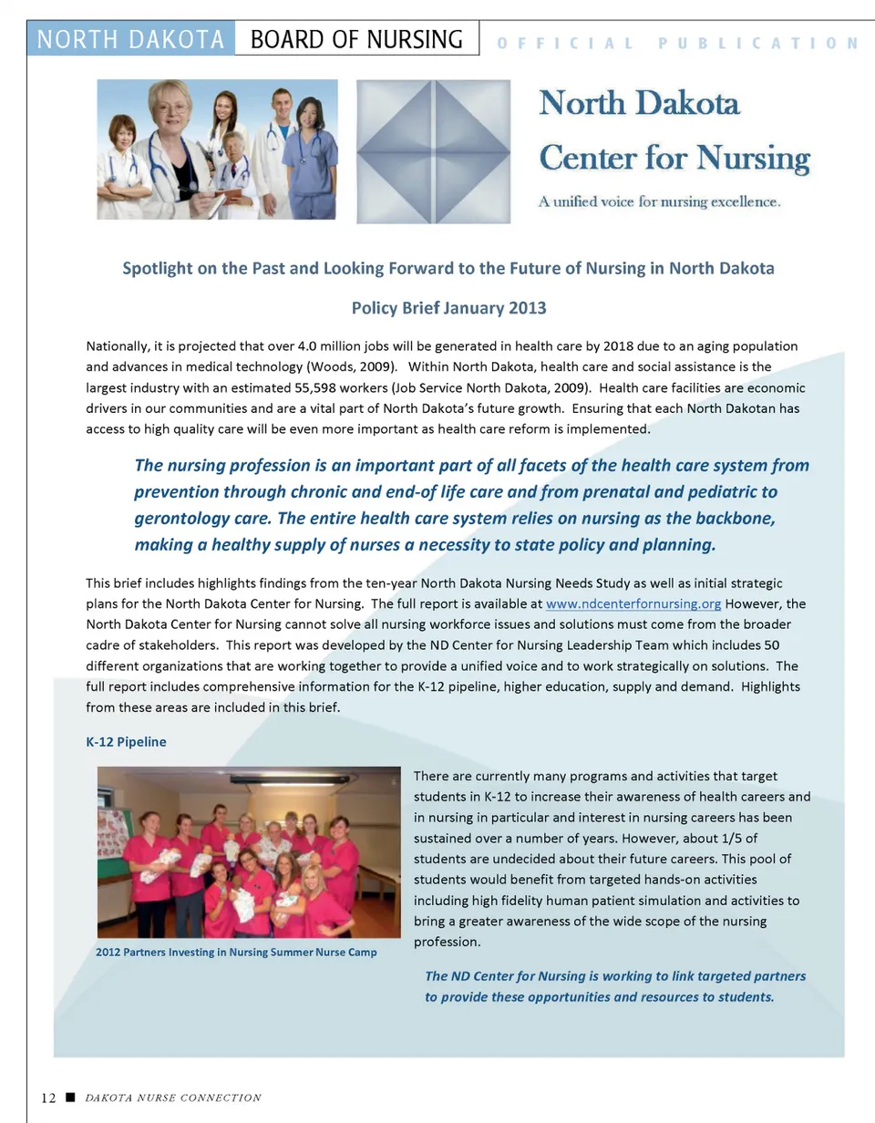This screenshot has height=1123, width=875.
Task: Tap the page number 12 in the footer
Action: [48, 1097]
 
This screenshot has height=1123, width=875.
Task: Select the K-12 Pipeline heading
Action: [126, 741]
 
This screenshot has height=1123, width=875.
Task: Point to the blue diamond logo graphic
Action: [433, 151]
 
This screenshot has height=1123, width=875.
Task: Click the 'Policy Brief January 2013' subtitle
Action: [448, 307]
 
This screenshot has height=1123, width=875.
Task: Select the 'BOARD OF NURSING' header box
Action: [356, 40]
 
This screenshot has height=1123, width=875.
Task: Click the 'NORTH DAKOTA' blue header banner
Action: [131, 40]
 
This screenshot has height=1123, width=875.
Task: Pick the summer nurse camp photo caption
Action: [236, 953]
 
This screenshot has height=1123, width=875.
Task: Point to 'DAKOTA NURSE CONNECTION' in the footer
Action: [173, 1097]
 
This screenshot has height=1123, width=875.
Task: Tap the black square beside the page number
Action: [68, 1097]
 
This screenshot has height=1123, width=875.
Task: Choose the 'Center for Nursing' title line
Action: [674, 159]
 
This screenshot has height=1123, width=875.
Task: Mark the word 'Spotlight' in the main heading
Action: [159, 269]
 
